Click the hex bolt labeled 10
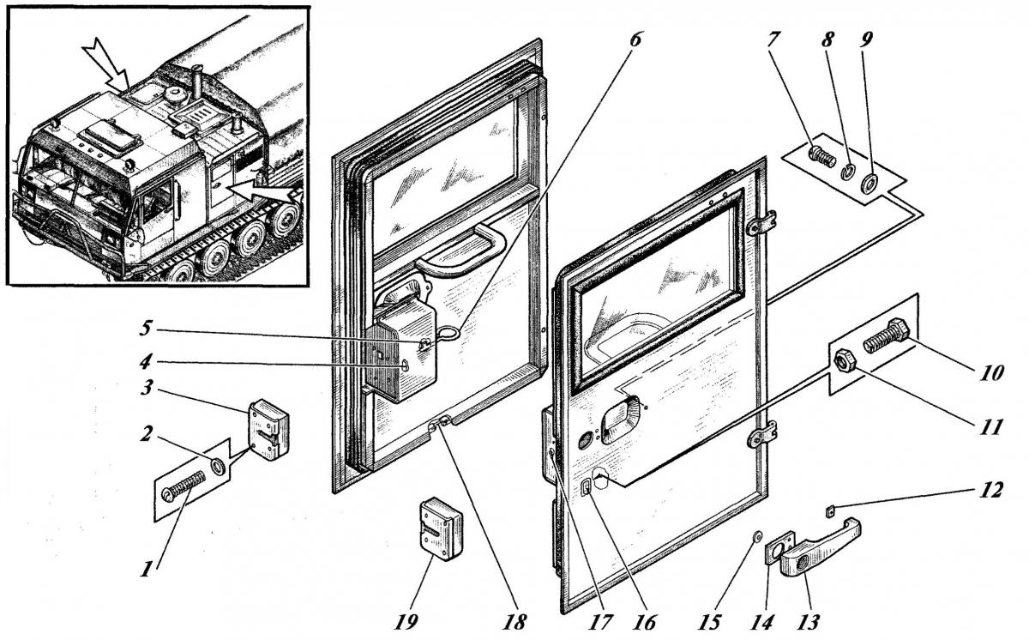click(888, 335)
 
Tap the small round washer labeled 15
click(756, 537)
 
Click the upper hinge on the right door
click(760, 225)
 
